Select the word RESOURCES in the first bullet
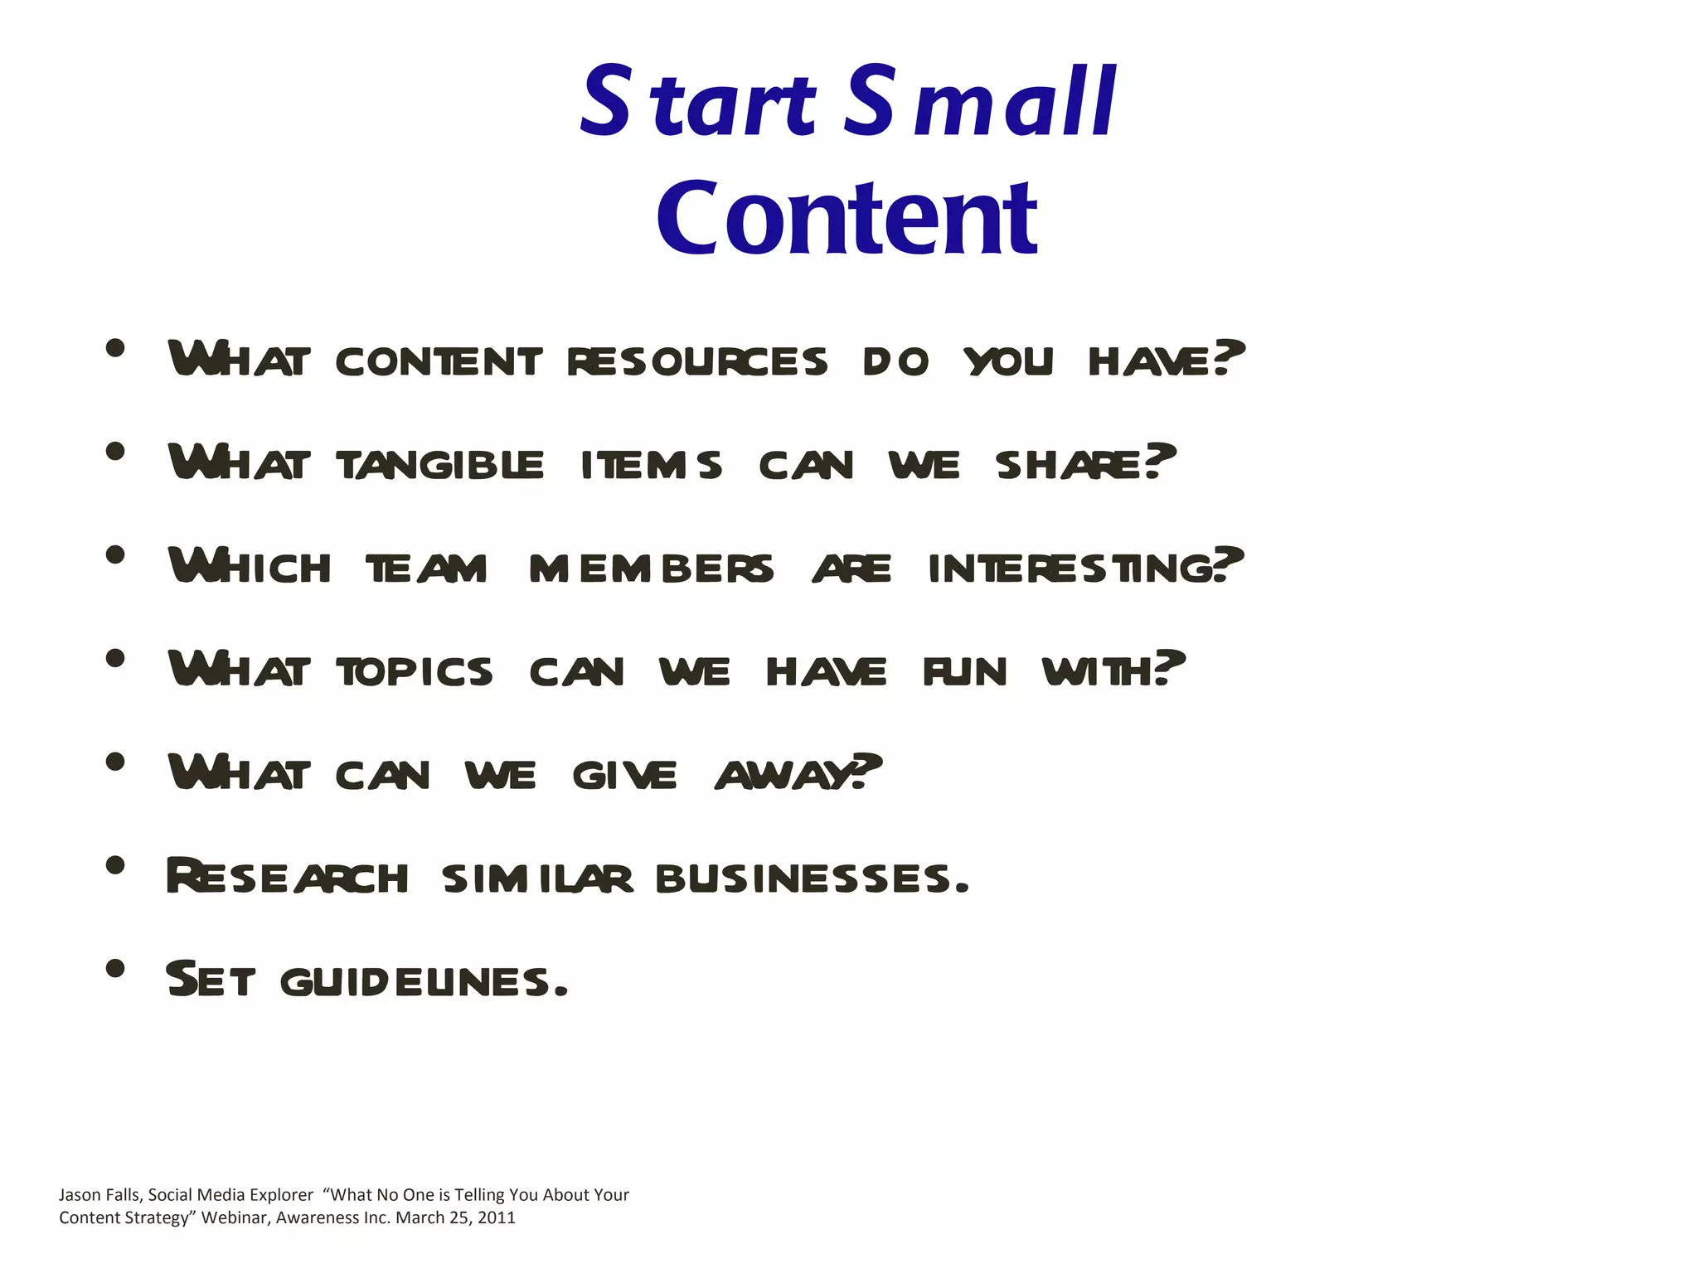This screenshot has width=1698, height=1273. (x=697, y=362)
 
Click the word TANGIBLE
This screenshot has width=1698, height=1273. (x=440, y=465)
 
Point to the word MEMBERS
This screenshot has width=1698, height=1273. (x=651, y=569)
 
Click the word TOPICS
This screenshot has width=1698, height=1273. (x=415, y=671)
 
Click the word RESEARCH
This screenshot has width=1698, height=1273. (x=287, y=877)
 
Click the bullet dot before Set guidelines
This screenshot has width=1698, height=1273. (x=115, y=968)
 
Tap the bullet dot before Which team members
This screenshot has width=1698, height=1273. (x=115, y=554)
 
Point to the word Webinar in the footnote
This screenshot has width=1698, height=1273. (x=235, y=1217)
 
